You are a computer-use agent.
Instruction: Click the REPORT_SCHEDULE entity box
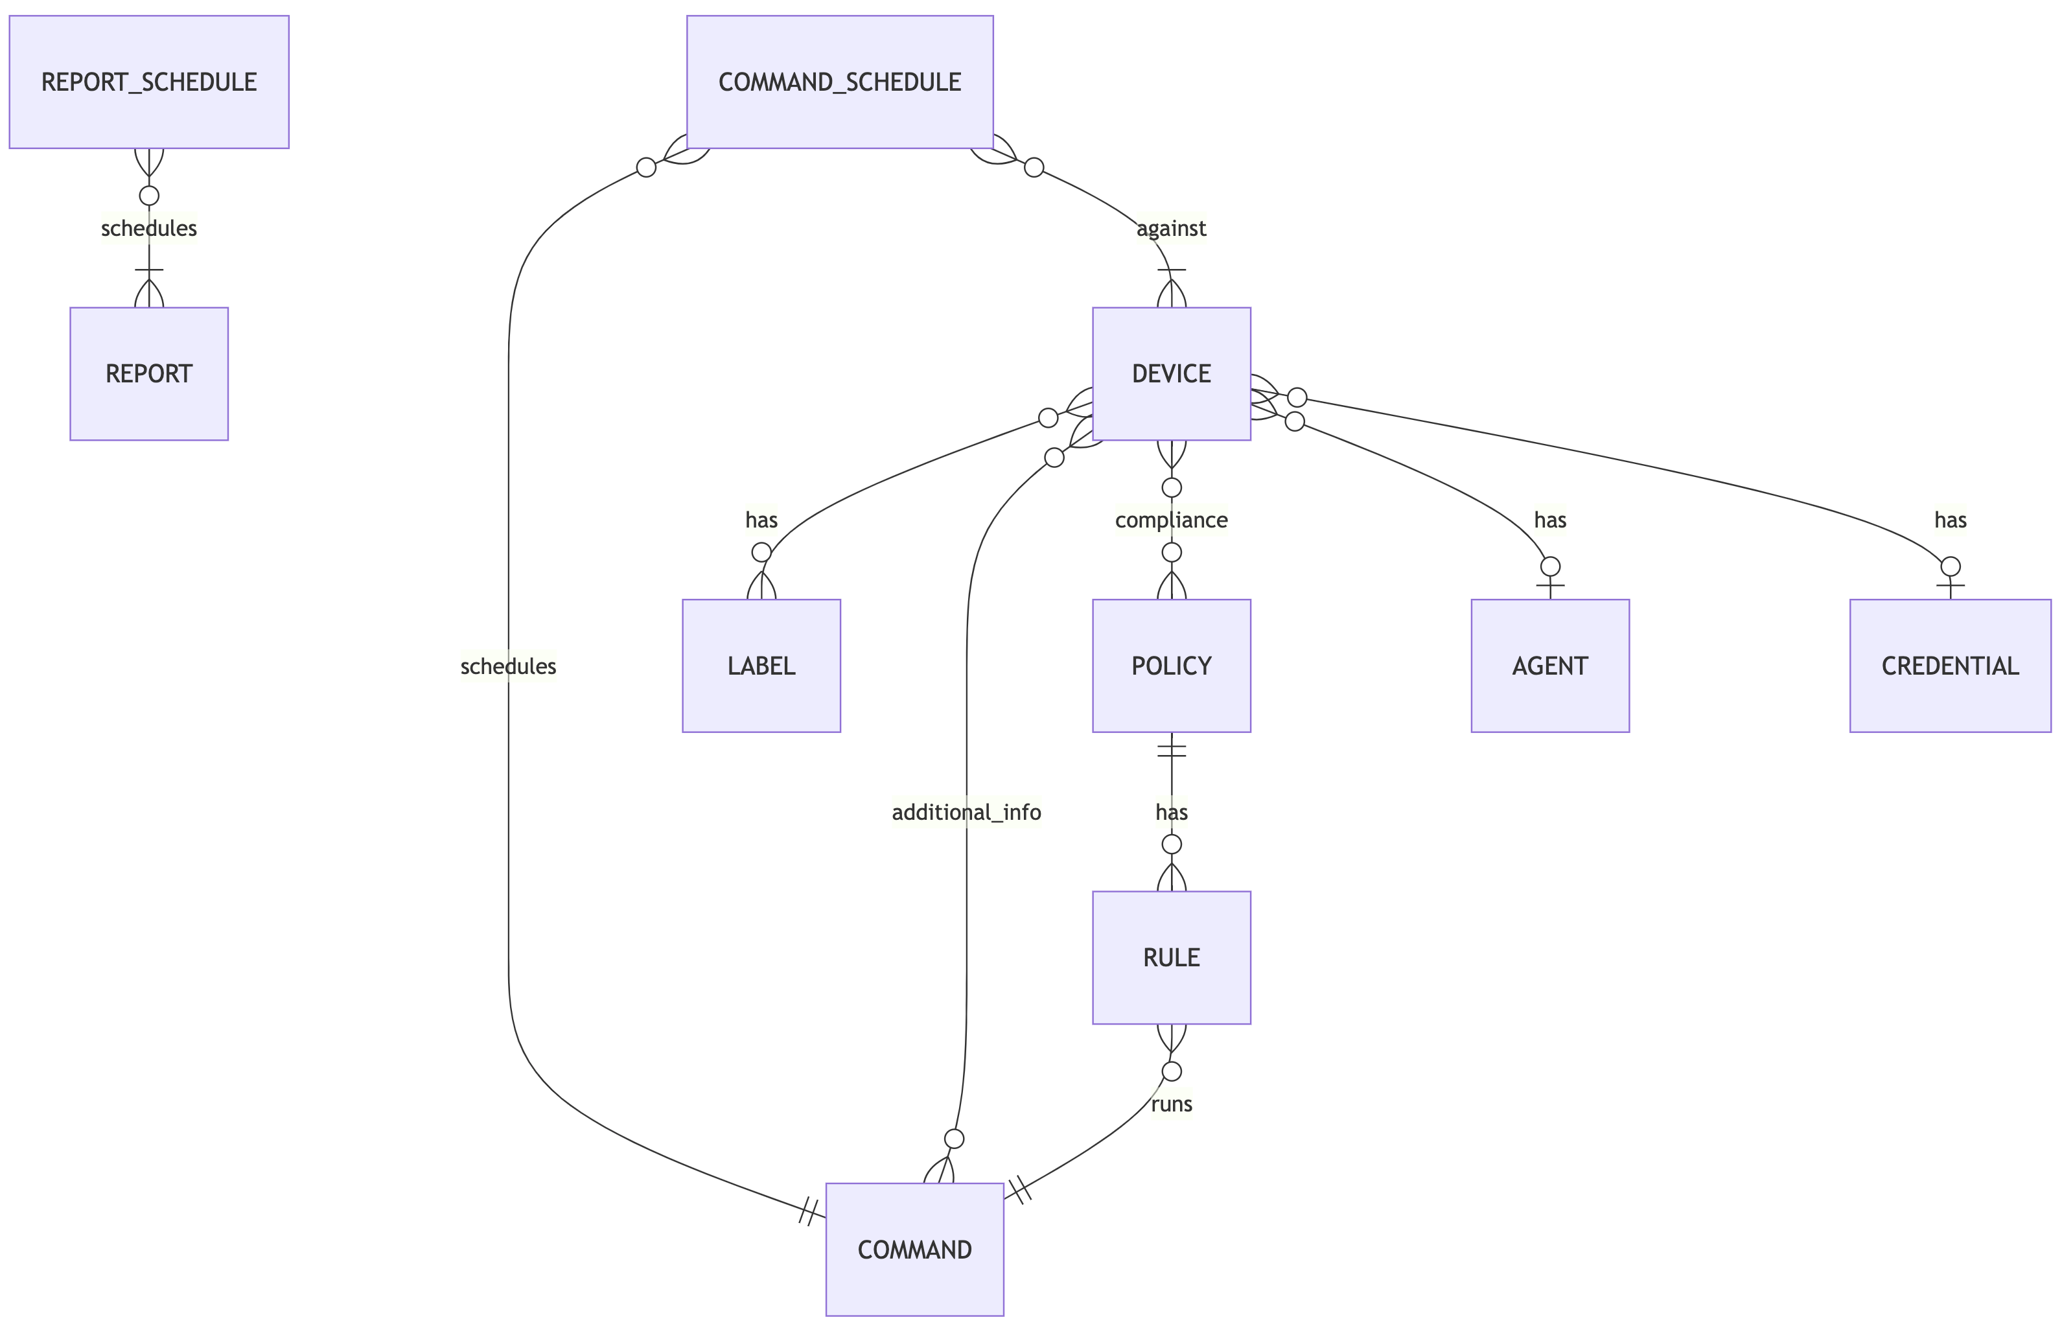149,82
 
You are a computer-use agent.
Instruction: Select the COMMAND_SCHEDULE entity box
839,82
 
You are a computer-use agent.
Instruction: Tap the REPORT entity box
149,374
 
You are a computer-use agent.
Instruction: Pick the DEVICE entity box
1171,374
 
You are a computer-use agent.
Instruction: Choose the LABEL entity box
761,666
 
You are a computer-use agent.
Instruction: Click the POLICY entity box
1171,666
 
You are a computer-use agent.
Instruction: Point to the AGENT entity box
1549,666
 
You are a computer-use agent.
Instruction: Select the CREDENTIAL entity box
1950,666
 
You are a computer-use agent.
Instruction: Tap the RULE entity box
1171,957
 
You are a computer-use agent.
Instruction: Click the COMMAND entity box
914,1250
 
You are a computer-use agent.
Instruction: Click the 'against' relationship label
1171,228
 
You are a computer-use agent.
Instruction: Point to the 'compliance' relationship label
1171,520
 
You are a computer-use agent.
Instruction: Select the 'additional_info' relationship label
966,812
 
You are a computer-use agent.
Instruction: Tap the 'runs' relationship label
1171,1104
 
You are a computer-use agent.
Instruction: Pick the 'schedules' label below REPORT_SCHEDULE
149,228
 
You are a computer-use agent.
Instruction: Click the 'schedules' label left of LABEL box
508,666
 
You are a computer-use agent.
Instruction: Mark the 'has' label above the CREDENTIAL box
1950,520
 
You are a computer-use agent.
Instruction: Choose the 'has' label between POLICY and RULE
1171,812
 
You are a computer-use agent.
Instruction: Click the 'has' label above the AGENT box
1549,520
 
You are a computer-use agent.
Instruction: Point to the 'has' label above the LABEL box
761,520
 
